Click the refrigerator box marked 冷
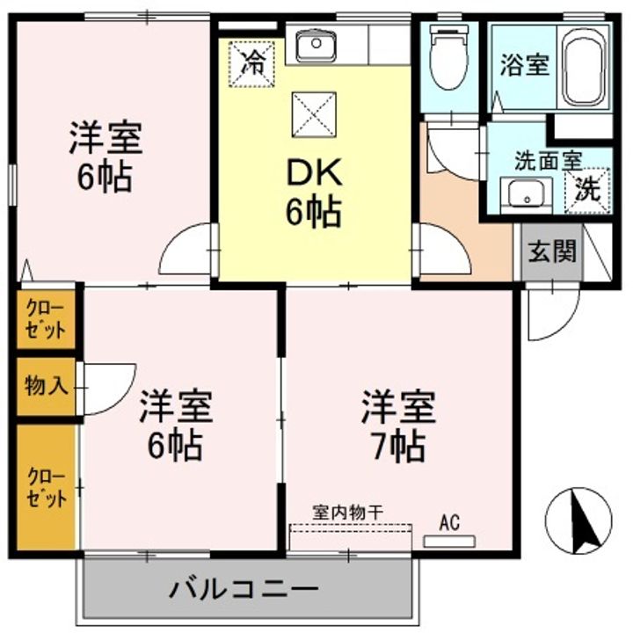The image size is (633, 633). tap(251, 63)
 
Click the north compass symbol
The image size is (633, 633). tap(580, 519)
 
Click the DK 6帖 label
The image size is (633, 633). tap(313, 193)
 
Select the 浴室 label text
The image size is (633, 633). tap(525, 67)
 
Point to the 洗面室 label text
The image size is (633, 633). tap(548, 162)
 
